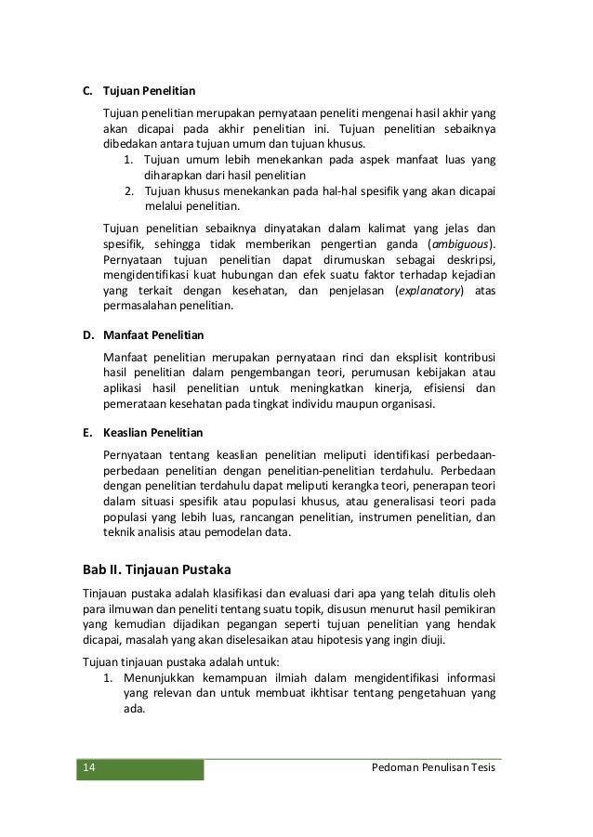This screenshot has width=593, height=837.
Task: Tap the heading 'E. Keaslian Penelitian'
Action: click(x=143, y=433)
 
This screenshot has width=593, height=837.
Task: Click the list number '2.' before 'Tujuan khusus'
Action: click(x=129, y=191)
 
